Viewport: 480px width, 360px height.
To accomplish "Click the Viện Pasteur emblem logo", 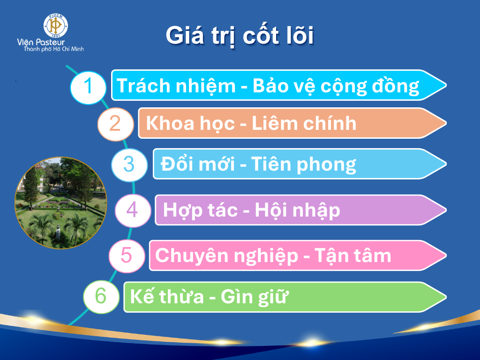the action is [x=56, y=26].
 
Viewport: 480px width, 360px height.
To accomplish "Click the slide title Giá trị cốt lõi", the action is [x=240, y=36].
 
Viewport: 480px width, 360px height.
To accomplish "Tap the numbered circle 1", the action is [x=88, y=88].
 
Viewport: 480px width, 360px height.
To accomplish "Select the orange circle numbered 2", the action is [x=115, y=124].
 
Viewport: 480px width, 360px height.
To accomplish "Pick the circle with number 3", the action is [x=129, y=165].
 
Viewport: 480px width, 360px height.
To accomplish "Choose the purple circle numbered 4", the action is [x=133, y=210].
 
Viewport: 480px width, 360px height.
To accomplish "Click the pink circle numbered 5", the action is [x=127, y=256].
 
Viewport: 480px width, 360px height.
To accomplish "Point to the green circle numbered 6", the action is [x=101, y=297].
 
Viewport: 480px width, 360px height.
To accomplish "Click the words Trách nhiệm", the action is [x=176, y=86].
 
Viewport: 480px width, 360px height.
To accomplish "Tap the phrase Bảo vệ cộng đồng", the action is [x=336, y=87].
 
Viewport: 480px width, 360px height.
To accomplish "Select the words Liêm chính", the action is [x=304, y=123].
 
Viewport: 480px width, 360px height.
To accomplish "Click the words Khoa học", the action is [x=190, y=124].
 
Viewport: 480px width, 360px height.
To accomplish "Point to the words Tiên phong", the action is [x=303, y=165].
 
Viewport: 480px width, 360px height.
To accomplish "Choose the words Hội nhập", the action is [x=297, y=210].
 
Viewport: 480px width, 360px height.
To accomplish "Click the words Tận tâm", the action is [x=352, y=256].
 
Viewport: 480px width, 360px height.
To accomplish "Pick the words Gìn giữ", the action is [x=255, y=297].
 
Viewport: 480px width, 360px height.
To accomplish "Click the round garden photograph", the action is [x=61, y=203].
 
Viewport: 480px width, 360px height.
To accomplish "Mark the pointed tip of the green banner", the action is [x=446, y=297].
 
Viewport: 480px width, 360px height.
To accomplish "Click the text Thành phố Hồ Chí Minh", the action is [x=54, y=49].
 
